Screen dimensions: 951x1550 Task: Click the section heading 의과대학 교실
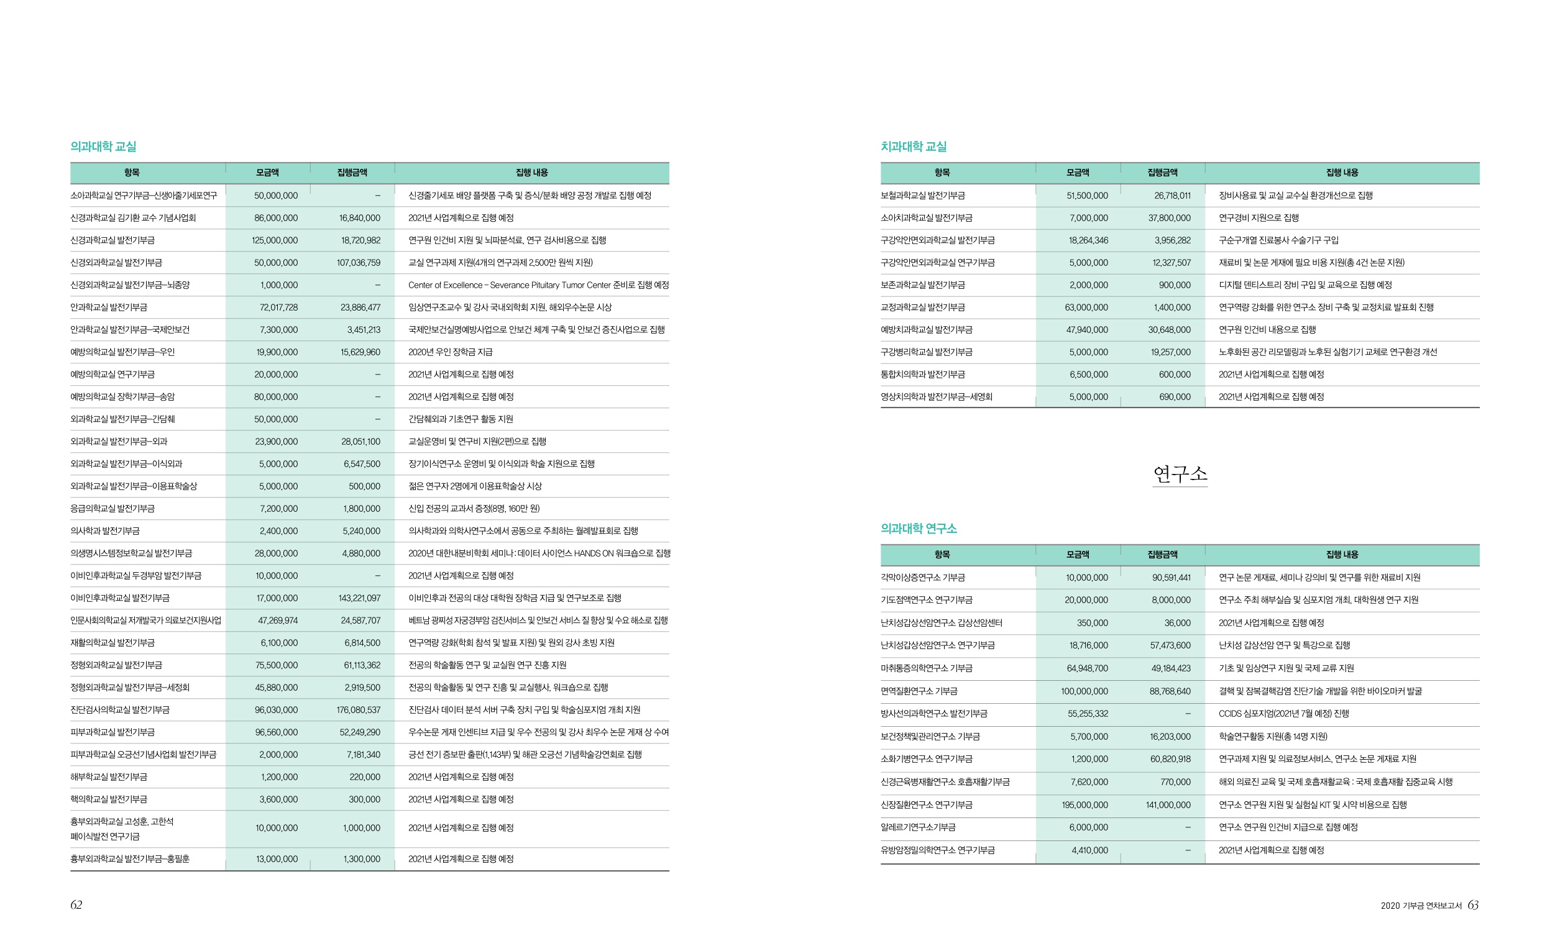[103, 147]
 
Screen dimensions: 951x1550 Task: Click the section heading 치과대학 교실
[913, 147]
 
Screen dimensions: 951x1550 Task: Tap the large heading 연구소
[1180, 473]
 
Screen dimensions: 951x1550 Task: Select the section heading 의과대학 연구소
[918, 529]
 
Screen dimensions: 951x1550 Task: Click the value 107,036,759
[358, 263]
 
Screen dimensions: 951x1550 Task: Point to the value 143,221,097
[359, 598]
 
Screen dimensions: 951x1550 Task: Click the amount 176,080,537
[358, 710]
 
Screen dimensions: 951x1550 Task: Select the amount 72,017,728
[278, 307]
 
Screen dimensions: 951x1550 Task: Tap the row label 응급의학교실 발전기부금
[112, 509]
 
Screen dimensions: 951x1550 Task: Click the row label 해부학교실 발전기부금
[108, 778]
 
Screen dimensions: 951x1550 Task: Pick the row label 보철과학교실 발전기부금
[922, 196]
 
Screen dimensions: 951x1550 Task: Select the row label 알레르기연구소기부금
[917, 828]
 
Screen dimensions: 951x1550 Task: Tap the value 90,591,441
[1171, 578]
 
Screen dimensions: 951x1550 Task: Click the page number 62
[76, 905]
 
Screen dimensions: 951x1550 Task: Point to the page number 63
[1472, 905]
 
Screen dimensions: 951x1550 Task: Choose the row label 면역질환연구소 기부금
[919, 691]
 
